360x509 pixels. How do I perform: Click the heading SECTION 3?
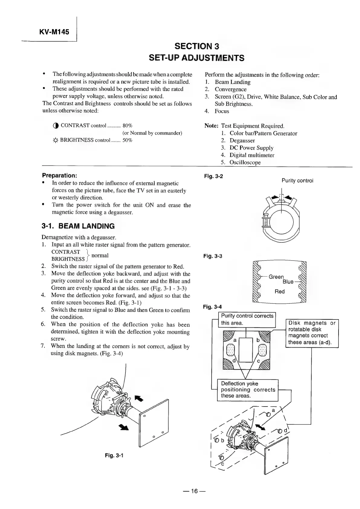pyautogui.click(x=197, y=46)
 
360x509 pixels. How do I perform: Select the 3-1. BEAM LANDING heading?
pyautogui.click(x=78, y=226)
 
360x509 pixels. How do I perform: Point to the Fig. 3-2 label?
pyautogui.click(x=213, y=176)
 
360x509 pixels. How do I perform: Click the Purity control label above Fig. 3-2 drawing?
pyautogui.click(x=297, y=180)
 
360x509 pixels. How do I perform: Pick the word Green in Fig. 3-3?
pyautogui.click(x=276, y=277)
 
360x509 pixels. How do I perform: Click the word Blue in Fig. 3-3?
pyautogui.click(x=288, y=282)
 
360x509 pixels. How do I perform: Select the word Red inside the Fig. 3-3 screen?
pyautogui.click(x=280, y=291)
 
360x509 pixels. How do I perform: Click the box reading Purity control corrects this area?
pyautogui.click(x=247, y=319)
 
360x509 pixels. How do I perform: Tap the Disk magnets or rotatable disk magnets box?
pyautogui.click(x=312, y=333)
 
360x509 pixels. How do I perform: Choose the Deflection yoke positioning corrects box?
pyautogui.click(x=248, y=390)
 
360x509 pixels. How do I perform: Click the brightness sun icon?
pyautogui.click(x=55, y=140)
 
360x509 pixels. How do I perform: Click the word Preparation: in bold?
pyautogui.click(x=60, y=175)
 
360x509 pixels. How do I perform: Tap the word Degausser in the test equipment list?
pyautogui.click(x=242, y=141)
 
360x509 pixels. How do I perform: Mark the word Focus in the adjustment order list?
pyautogui.click(x=222, y=111)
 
